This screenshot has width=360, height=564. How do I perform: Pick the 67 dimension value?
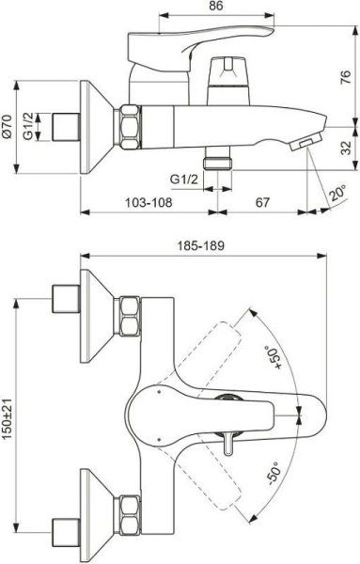[x=261, y=202]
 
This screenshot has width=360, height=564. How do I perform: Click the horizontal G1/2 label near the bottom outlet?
[x=183, y=178]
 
